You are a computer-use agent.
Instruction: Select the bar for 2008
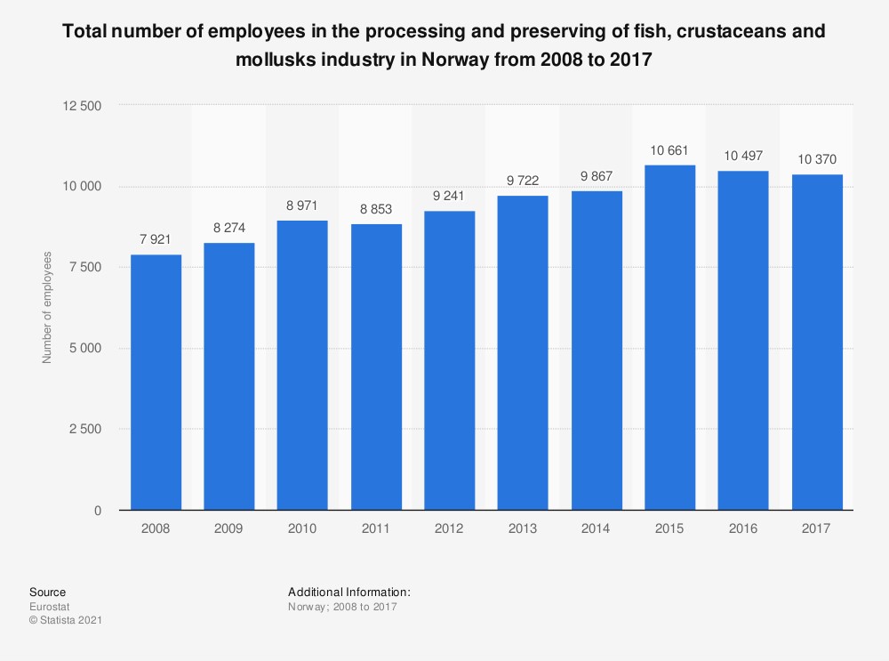pyautogui.click(x=156, y=383)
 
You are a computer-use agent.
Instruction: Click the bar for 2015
pyautogui.click(x=669, y=337)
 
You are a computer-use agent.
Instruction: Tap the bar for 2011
pyautogui.click(x=376, y=367)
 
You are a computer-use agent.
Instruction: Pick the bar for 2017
pyautogui.click(x=817, y=343)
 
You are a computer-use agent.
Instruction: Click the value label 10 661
pyautogui.click(x=669, y=151)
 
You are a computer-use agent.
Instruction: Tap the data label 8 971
pyautogui.click(x=302, y=206)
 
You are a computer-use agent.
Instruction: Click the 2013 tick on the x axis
pyautogui.click(x=523, y=528)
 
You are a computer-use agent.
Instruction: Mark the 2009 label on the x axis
pyautogui.click(x=229, y=528)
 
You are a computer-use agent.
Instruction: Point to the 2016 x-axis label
pyautogui.click(x=743, y=528)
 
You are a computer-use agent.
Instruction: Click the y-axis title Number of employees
pyautogui.click(x=48, y=308)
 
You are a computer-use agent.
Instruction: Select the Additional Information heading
pyautogui.click(x=349, y=592)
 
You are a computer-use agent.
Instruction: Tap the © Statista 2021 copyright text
pyautogui.click(x=66, y=620)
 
